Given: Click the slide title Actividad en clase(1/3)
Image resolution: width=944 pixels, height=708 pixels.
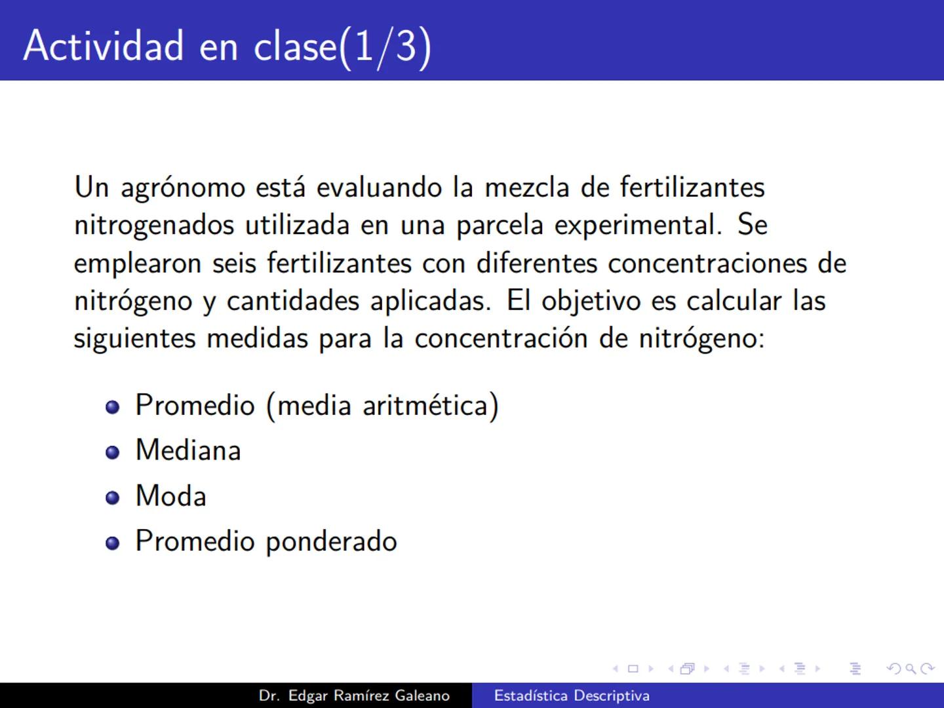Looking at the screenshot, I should click(x=227, y=46).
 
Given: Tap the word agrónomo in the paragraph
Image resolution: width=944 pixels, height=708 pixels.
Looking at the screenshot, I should click(x=183, y=188).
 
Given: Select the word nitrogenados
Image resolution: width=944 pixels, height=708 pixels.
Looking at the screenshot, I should click(x=154, y=226).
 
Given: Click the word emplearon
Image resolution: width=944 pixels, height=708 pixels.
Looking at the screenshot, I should click(x=137, y=264).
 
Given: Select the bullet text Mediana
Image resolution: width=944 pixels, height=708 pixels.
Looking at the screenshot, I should click(x=188, y=450).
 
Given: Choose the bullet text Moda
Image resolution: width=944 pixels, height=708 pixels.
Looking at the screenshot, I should click(x=170, y=496).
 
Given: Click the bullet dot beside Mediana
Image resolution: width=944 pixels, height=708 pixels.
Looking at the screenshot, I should click(x=113, y=452).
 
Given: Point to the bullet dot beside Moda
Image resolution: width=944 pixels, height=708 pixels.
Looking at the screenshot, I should click(x=113, y=498).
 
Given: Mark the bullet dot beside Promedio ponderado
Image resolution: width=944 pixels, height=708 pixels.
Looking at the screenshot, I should click(x=113, y=543).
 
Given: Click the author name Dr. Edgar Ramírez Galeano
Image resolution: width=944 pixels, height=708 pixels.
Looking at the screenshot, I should click(x=354, y=696).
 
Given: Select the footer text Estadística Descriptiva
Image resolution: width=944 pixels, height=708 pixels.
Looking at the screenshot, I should click(x=572, y=696).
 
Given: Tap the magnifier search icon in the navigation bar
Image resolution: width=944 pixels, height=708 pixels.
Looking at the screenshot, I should click(x=910, y=669).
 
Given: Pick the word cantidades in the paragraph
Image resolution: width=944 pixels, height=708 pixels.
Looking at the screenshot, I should click(x=293, y=302).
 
